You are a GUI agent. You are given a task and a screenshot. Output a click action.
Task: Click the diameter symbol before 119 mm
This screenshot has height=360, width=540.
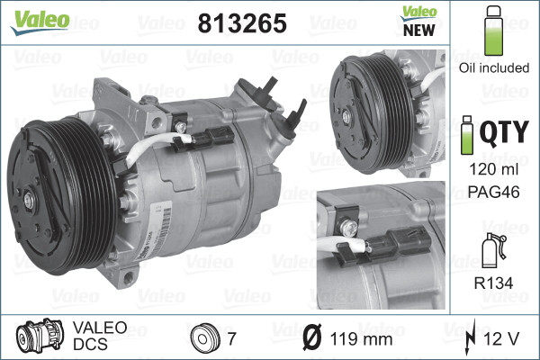click(x=309, y=339)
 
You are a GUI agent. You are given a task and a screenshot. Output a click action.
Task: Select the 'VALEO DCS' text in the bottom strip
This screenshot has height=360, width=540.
click(x=100, y=338)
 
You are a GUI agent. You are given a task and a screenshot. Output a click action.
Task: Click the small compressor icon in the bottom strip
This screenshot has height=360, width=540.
click(x=39, y=338)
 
